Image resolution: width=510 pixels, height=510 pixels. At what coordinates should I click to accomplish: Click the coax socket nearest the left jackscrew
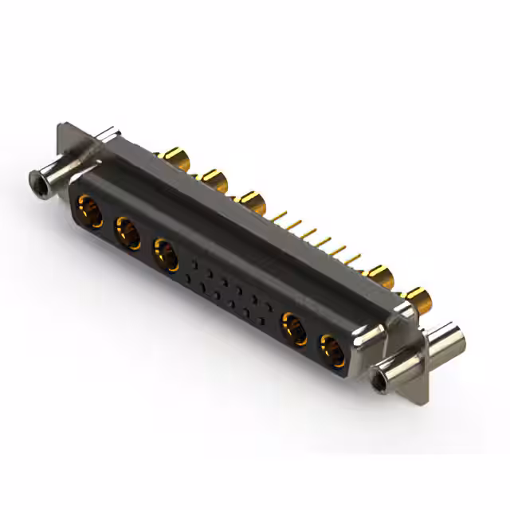click(88, 211)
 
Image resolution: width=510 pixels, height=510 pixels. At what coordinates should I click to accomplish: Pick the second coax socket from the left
click(127, 233)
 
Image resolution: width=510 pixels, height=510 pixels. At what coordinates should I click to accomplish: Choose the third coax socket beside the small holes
click(166, 256)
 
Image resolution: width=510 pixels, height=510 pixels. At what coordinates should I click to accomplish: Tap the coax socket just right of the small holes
click(293, 328)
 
